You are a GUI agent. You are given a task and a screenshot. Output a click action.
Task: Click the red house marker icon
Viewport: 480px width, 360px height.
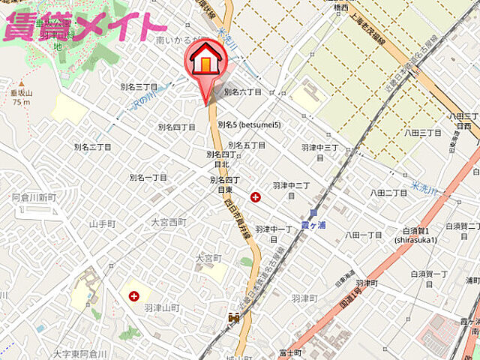205,61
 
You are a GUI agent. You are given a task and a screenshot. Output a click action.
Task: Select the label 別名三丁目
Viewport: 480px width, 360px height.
138,87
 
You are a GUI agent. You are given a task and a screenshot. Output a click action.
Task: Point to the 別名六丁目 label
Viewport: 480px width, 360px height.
243,91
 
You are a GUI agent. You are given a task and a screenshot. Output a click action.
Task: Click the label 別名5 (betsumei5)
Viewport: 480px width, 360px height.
249,124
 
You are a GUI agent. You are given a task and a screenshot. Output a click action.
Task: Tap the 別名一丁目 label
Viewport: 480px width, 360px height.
148,178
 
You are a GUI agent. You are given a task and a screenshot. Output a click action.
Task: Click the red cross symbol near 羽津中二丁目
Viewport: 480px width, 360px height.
256,197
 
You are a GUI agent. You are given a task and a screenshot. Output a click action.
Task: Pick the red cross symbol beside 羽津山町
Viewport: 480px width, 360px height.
133,296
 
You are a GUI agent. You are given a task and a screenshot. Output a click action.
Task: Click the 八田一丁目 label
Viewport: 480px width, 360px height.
364,235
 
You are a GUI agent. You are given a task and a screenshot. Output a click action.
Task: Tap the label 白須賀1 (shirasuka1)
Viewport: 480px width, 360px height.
418,235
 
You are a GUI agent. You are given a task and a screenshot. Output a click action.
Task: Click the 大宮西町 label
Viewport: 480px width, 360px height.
168,223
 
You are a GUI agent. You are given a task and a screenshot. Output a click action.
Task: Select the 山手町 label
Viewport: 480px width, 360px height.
102,224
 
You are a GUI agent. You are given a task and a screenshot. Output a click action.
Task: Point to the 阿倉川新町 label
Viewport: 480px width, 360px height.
34,197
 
